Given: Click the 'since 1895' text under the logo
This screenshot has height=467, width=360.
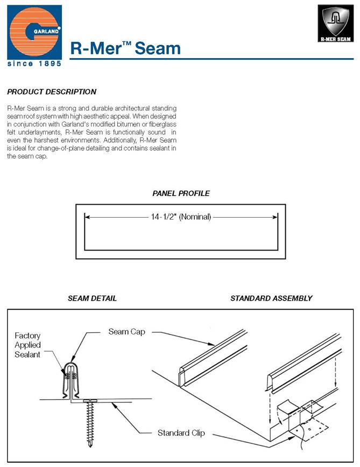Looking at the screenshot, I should coord(34,63).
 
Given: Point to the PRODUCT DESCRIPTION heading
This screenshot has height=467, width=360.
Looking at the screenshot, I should coord(52,92).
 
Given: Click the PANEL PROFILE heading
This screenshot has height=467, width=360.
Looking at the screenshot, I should coord(181,193).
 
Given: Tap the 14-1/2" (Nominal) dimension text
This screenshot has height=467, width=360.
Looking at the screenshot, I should coord(181,217).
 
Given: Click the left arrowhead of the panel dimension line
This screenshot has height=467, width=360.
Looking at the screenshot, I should coord(86,217).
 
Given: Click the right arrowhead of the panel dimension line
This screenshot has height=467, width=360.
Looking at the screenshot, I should coord(276,217).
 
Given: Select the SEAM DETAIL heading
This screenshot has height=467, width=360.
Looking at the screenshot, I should coord(92,298).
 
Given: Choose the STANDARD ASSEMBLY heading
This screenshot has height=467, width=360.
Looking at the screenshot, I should coord(271,298).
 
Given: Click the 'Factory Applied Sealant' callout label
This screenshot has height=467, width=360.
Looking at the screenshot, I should coord(27,345).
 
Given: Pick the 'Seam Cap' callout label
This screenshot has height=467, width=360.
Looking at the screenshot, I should coord(126,331).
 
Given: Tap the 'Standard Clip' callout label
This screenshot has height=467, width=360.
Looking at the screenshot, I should coord(180,433).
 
